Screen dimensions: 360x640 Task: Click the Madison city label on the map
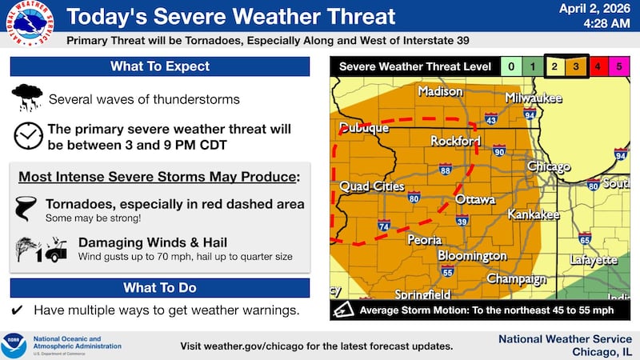(440, 92)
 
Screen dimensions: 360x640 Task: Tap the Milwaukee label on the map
(534, 98)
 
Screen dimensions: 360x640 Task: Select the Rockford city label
(455, 141)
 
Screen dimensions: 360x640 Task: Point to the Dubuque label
(364, 128)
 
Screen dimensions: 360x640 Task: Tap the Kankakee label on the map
(534, 215)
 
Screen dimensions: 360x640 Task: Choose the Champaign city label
(516, 279)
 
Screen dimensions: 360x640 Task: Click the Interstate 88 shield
(445, 168)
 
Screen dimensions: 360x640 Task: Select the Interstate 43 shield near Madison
(491, 119)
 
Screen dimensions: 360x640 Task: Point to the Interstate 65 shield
(585, 238)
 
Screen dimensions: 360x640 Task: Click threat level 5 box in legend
(618, 66)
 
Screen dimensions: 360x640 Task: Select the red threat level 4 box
(595, 66)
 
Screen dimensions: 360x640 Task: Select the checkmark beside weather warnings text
(17, 310)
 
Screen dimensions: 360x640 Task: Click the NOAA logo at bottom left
(14, 346)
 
